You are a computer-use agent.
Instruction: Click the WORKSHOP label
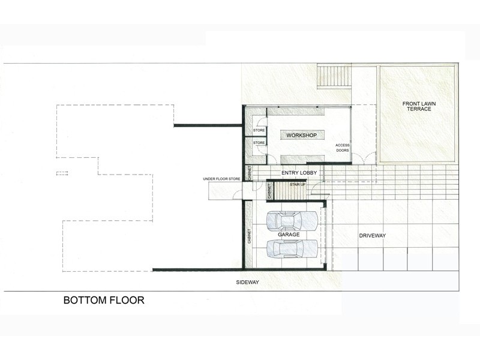pos(302,135)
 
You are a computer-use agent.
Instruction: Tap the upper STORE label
pos(259,130)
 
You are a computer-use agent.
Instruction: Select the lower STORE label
pos(259,143)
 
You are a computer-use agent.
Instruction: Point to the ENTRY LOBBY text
pos(299,173)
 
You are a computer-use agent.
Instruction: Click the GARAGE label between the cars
pos(289,235)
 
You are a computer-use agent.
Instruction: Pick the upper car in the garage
pos(292,221)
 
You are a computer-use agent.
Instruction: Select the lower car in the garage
pos(292,248)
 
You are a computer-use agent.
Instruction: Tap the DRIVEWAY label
pos(372,235)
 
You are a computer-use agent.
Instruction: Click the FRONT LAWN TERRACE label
pos(419,106)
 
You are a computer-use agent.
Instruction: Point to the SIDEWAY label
pos(247,282)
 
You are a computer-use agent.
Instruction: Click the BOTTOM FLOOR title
pos(104,300)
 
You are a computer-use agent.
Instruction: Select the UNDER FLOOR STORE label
pos(221,179)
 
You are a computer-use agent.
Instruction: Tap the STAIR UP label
pos(298,185)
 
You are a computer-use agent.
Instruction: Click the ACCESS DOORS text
pos(342,148)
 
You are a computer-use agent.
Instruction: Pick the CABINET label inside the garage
pos(249,236)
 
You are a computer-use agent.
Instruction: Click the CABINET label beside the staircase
pos(269,191)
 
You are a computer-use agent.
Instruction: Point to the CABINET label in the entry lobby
pos(250,173)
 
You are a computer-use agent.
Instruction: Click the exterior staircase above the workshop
pos(334,76)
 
